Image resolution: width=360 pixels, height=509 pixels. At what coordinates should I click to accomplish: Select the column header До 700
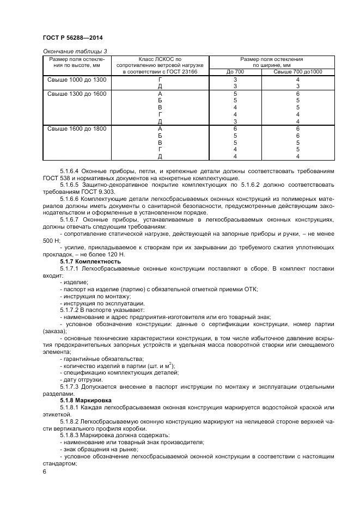coord(235,72)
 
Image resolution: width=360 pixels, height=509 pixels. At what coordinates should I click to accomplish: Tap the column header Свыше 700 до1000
coord(297,72)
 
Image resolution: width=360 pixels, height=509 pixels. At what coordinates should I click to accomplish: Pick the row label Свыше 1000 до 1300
coord(77,80)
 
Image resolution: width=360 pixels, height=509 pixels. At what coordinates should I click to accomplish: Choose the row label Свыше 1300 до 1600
coord(77,94)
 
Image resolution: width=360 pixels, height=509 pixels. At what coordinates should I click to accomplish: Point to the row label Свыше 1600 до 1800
coord(77,128)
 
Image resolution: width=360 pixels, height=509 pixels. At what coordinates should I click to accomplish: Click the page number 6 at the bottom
coord(44,471)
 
